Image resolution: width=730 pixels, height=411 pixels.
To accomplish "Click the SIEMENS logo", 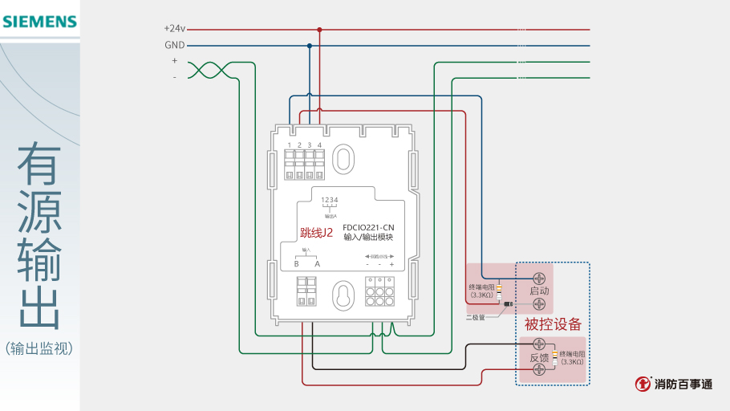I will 39,22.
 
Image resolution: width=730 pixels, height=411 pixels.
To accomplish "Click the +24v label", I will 174,29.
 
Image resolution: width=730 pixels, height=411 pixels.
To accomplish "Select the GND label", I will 175,45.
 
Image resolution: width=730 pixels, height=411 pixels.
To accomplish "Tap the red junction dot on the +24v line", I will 319,30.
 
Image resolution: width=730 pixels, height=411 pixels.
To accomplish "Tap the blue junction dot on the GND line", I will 310,46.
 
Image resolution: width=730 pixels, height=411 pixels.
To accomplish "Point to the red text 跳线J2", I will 316,233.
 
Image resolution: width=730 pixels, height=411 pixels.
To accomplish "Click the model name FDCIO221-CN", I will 368,227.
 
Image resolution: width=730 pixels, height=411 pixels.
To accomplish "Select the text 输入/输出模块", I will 368,238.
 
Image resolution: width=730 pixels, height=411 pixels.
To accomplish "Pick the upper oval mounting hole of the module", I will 343,157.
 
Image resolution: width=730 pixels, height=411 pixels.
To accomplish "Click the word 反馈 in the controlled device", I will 539,358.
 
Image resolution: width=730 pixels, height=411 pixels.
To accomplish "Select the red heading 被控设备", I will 553,324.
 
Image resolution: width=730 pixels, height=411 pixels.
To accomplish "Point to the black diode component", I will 509,304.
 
